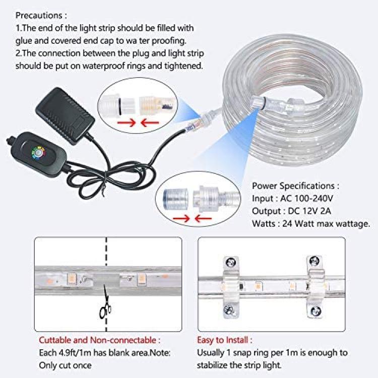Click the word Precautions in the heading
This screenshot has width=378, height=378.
tap(39, 16)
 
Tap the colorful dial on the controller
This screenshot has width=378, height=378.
tap(38, 153)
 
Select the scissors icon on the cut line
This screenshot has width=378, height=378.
tap(105, 304)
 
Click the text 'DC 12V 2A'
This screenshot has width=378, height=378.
tap(309, 211)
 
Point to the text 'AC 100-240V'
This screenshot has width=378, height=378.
tap(306, 199)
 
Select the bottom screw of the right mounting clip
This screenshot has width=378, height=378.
tap(314, 311)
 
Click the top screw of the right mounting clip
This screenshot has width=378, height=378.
tap(314, 261)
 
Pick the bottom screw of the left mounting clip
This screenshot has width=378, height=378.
tap(229, 309)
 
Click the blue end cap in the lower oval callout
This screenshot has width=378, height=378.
tap(175, 199)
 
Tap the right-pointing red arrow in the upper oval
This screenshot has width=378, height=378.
tap(127, 123)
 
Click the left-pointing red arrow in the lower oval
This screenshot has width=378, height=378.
tap(203, 219)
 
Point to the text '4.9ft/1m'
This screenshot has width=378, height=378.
tap(75, 353)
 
